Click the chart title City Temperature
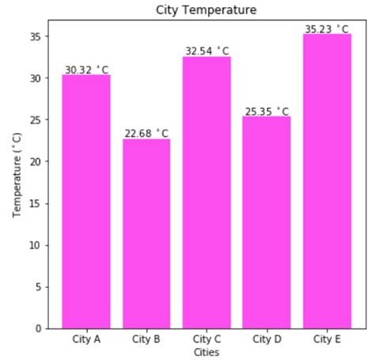(206, 9)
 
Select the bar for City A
(86, 202)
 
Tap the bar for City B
(146, 233)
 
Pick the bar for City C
(206, 192)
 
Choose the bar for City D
(267, 222)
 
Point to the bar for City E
(327, 181)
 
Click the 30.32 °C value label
(86, 70)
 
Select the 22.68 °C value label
(146, 134)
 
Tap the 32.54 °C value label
(206, 51)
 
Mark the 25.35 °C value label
(267, 112)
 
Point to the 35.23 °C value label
(327, 29)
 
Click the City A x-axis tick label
(86, 339)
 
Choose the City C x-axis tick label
(206, 339)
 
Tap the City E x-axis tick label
(327, 339)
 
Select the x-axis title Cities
(206, 351)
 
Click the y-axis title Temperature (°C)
(17, 175)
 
